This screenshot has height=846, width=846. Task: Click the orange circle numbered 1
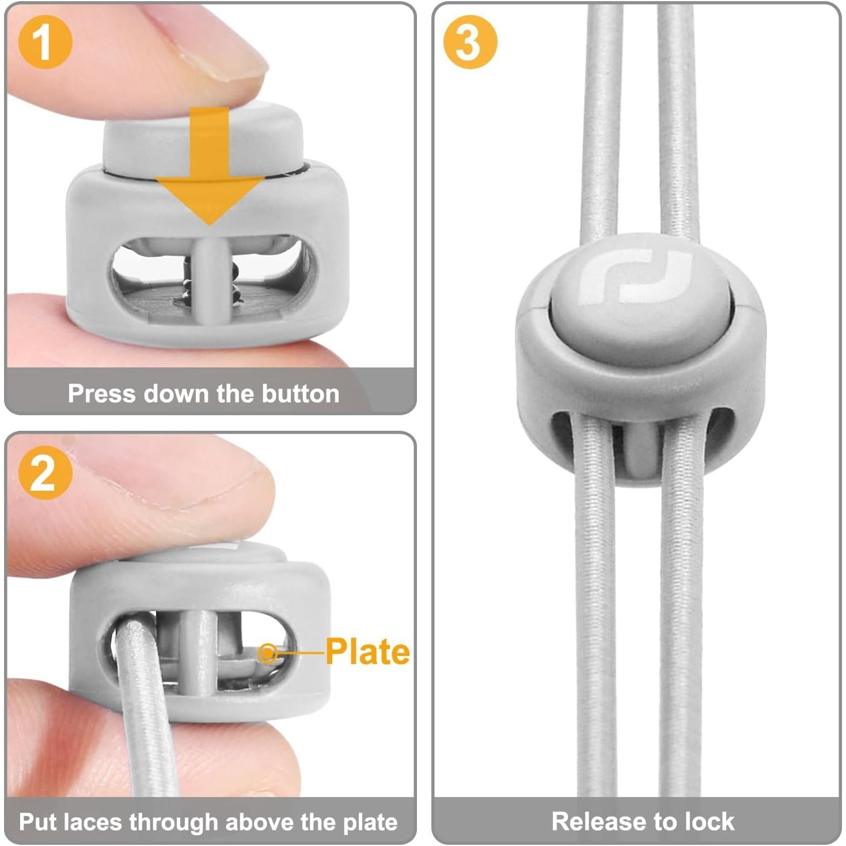click(x=45, y=42)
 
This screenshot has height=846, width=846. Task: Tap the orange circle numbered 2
click(x=45, y=473)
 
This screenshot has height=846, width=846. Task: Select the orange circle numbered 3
click(x=470, y=42)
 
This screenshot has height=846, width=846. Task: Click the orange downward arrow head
click(x=210, y=200)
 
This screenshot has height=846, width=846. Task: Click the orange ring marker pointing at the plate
click(x=267, y=653)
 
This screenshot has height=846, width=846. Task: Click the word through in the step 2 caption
click(x=169, y=823)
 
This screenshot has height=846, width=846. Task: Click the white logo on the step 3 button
click(x=636, y=276)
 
